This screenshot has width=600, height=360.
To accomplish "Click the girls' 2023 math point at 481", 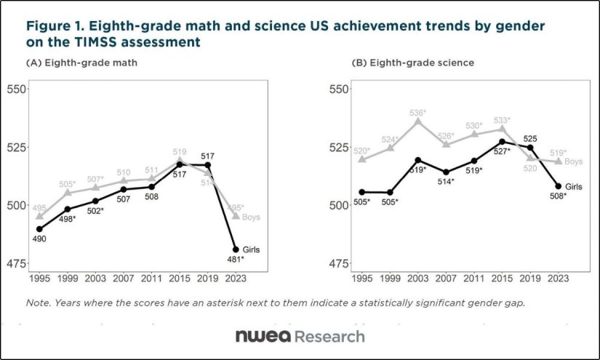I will (x=236, y=249).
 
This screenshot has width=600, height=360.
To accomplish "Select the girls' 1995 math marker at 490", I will (x=40, y=229).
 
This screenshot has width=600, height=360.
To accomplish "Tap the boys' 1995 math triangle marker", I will (x=40, y=216).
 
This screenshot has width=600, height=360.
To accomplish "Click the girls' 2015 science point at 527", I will (x=503, y=142).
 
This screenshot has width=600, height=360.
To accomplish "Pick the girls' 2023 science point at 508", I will (x=559, y=186).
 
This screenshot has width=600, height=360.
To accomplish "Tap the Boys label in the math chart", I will (x=252, y=217).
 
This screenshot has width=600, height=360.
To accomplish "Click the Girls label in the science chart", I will (x=574, y=187).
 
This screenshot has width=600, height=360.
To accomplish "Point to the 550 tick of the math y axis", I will (x=17, y=89).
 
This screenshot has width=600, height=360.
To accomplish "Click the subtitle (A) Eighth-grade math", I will (x=81, y=63).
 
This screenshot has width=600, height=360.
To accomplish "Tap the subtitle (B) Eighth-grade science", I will (x=413, y=63).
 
